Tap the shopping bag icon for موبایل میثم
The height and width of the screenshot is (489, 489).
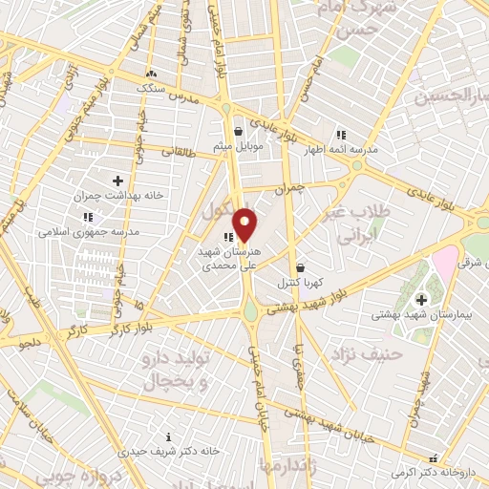pos(239,131)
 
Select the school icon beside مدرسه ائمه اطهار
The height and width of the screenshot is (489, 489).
pos(341,135)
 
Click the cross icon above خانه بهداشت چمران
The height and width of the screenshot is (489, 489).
pos(117,180)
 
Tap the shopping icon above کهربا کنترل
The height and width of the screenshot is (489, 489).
pos(302,267)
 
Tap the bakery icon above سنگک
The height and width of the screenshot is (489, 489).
pos(150,73)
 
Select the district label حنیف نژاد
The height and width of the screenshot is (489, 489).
pos(357,355)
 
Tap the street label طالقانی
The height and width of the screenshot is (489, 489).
pos(180,150)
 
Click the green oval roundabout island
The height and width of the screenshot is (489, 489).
pos(250,310)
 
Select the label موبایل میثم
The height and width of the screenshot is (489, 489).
pos(237,145)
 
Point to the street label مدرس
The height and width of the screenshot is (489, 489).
pos(183,98)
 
